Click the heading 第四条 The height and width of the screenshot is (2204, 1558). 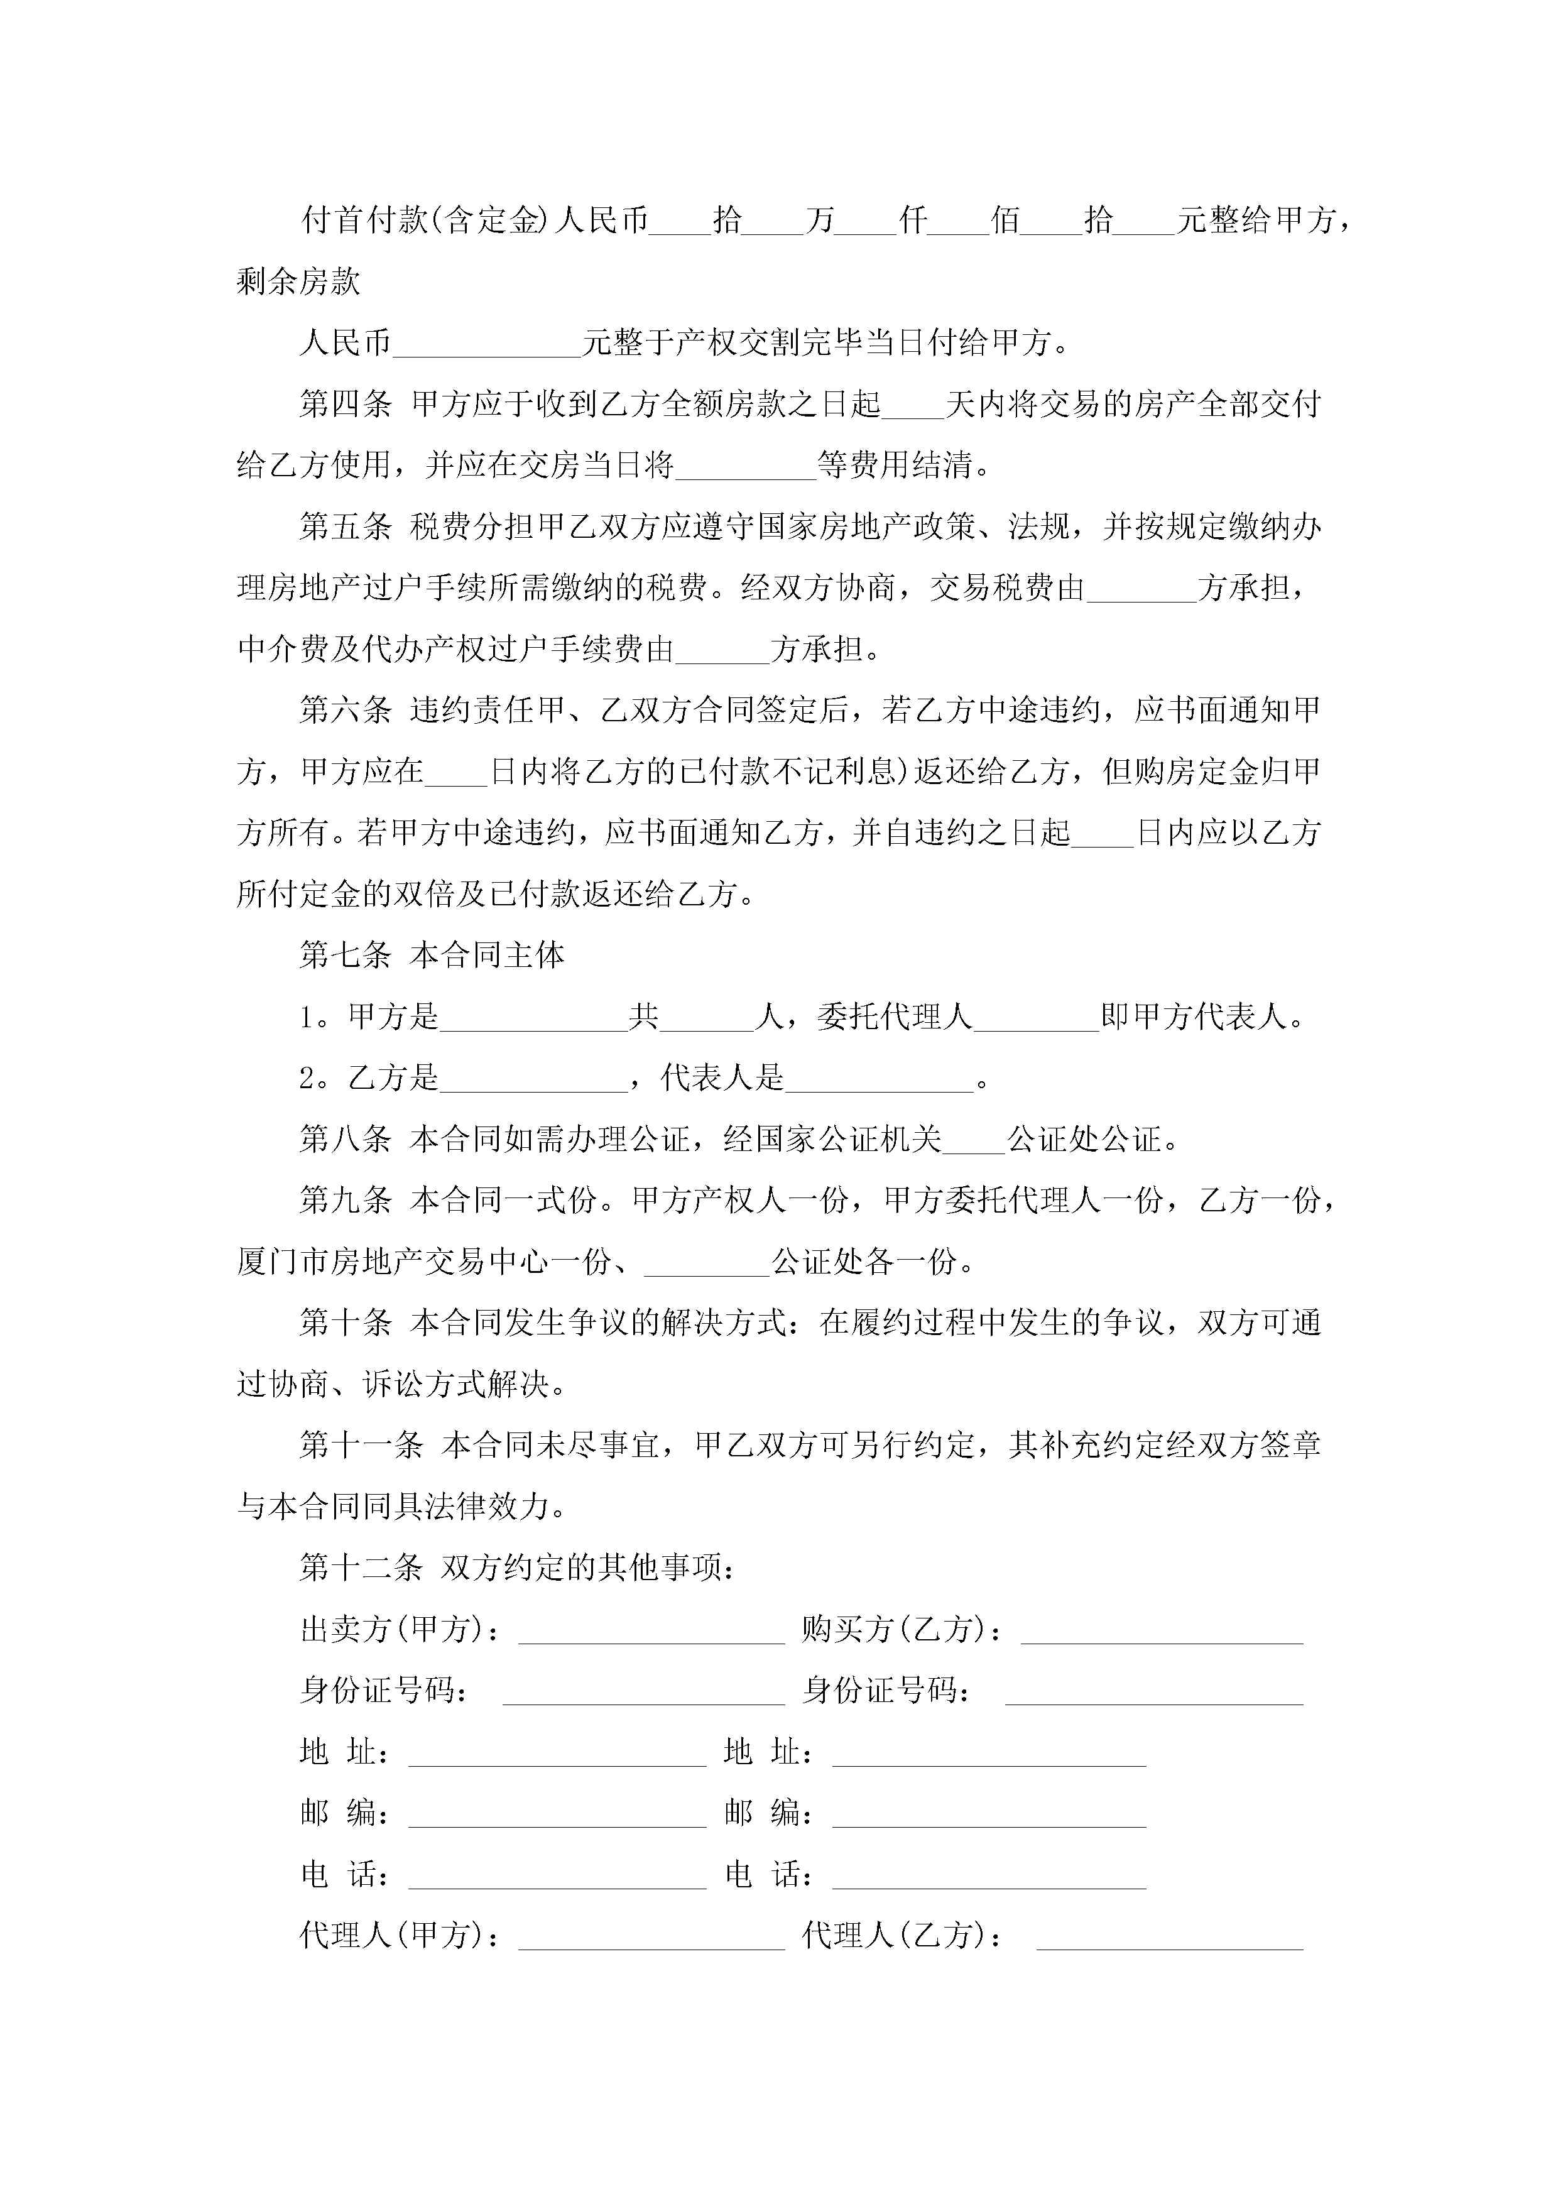(345, 404)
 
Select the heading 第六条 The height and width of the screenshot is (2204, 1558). (345, 711)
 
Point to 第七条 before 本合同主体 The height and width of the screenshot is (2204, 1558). (345, 955)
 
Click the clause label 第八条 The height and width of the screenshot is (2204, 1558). (345, 1140)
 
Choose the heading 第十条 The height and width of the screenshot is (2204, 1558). (345, 1323)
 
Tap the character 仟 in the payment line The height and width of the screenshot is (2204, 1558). (913, 221)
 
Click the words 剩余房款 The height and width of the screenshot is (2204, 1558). (298, 281)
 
